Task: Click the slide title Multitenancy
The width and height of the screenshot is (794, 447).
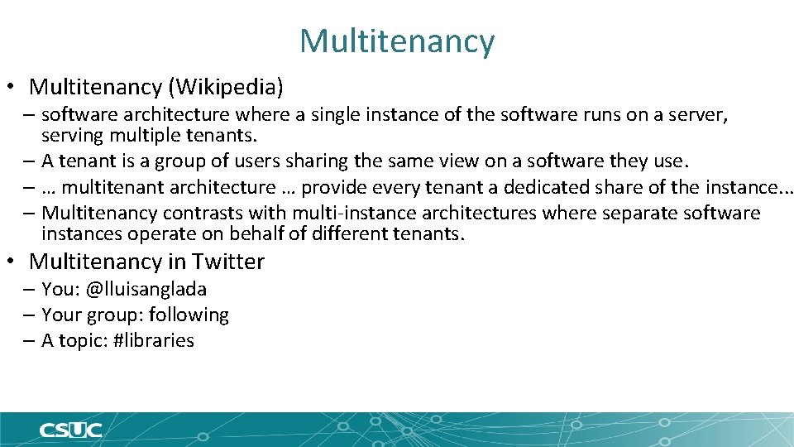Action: click(x=397, y=41)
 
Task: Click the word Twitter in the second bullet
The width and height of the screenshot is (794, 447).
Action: click(x=228, y=262)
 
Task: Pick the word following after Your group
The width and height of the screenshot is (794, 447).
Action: click(x=189, y=315)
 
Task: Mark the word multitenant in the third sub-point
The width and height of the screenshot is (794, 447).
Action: click(x=115, y=187)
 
